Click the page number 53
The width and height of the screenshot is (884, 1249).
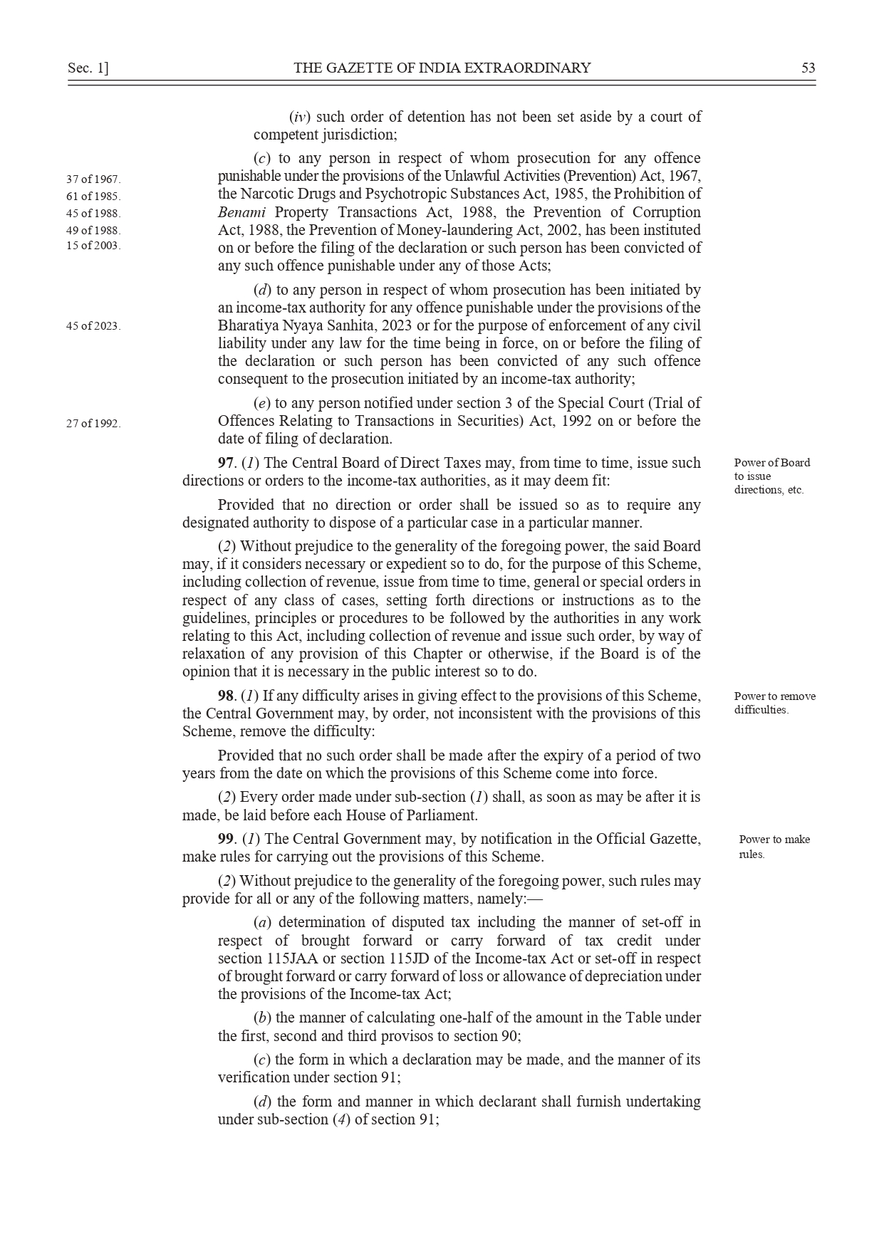(x=808, y=68)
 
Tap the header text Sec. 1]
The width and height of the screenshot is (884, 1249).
(x=88, y=68)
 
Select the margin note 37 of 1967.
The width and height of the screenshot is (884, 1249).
(x=93, y=179)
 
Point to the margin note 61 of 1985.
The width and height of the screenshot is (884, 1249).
(x=93, y=197)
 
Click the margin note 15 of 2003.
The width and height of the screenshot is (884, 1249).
(x=93, y=246)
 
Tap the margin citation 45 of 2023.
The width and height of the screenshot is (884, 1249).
(x=93, y=326)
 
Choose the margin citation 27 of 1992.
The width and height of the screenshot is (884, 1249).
(x=93, y=424)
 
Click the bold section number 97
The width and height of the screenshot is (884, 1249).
(x=225, y=464)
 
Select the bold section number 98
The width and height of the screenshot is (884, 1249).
(x=225, y=696)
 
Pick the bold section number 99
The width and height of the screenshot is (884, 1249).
(x=225, y=840)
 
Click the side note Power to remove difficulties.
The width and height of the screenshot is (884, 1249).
(x=774, y=703)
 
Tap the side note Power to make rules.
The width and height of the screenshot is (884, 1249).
(x=774, y=847)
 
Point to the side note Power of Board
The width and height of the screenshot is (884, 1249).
(x=771, y=463)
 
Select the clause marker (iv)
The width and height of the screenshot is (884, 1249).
(x=299, y=117)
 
